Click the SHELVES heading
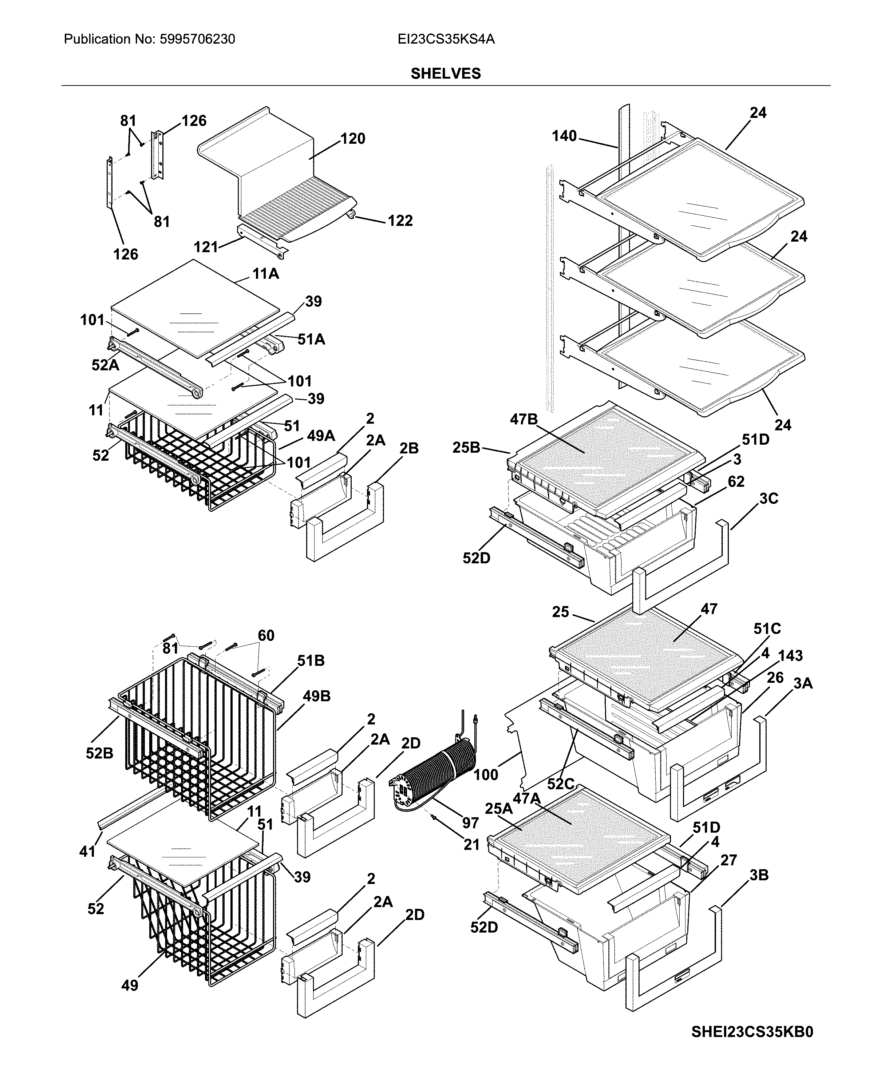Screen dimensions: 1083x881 445,74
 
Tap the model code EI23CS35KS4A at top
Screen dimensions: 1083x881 446,39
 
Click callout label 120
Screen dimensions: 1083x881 353,139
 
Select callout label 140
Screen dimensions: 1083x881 564,136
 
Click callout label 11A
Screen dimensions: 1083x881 265,274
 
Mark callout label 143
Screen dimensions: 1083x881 790,655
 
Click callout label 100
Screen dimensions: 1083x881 486,775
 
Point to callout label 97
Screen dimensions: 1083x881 470,823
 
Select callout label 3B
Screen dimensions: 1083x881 759,875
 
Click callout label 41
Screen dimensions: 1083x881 87,851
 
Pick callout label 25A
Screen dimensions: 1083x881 498,809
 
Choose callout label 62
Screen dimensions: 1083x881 735,481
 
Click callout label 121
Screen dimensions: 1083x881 206,247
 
